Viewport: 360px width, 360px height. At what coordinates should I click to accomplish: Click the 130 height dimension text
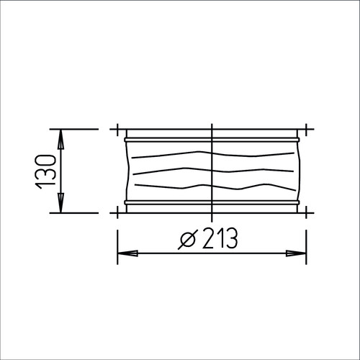pos(45,171)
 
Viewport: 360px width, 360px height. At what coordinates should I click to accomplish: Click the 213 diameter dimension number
pos(220,238)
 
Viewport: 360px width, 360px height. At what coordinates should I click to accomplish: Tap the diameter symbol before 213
pos(188,238)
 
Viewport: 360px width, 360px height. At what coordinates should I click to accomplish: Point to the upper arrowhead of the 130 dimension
pos(60,140)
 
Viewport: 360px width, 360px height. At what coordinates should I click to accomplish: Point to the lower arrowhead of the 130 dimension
pos(60,202)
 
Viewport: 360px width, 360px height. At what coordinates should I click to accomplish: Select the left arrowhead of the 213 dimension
pos(127,253)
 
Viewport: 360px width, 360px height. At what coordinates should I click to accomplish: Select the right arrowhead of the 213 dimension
pos(296,253)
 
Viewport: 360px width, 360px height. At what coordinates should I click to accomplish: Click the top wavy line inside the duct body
pos(213,154)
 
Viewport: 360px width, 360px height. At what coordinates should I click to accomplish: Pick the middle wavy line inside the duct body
pos(213,171)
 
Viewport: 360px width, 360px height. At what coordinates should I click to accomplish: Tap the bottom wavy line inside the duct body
pos(215,186)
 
